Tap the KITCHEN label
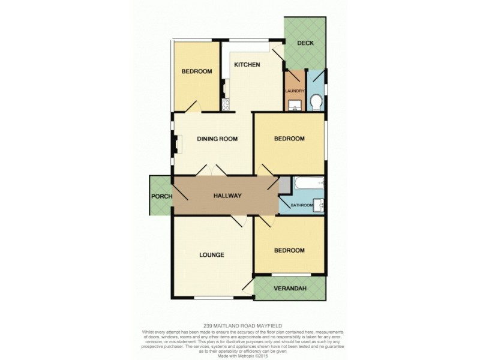click(247, 65)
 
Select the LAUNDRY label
click(295, 91)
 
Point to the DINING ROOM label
click(217, 139)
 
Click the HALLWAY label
click(227, 196)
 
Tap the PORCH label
click(161, 196)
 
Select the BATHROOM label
click(302, 205)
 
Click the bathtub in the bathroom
click(307, 184)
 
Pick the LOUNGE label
click(211, 255)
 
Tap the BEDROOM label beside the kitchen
click(197, 71)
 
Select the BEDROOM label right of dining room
click(289, 139)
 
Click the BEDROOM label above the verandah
click(289, 250)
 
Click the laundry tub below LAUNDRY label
click(294, 106)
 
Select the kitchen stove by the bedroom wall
click(225, 106)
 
